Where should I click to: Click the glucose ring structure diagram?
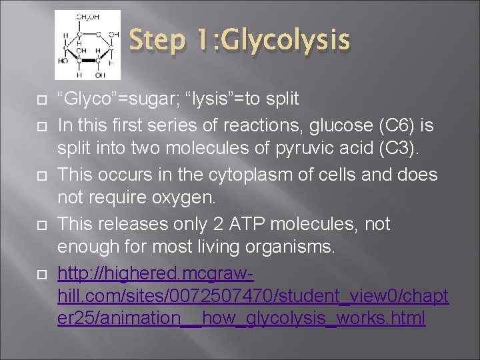(x=87, y=45)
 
